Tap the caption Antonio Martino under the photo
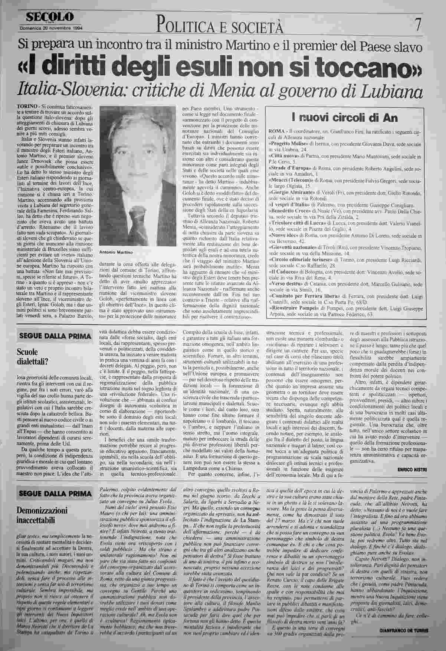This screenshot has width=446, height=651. point(116,252)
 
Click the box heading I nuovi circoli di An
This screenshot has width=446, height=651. point(345,118)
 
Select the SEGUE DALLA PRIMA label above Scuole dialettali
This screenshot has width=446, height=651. point(55,336)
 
